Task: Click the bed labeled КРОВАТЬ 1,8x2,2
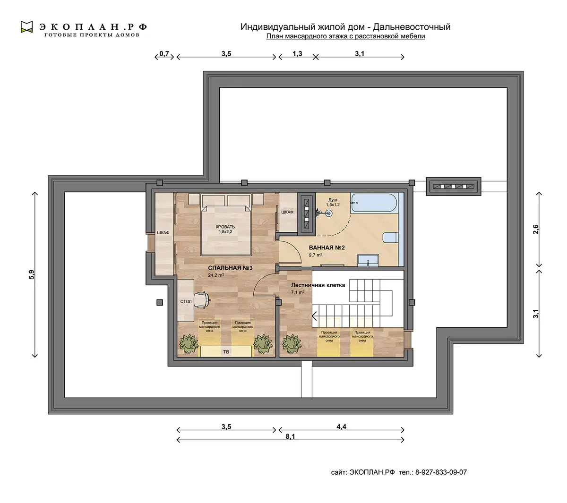click(x=225, y=230)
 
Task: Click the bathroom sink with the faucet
click(x=368, y=260)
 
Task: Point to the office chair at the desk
click(x=202, y=300)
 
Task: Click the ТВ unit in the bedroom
click(x=226, y=351)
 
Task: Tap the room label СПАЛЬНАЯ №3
click(x=230, y=268)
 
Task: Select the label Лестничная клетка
click(x=318, y=285)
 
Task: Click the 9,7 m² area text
click(x=316, y=255)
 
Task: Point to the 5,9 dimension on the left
click(x=32, y=274)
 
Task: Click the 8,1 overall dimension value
click(x=290, y=436)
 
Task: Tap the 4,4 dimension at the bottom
click(x=341, y=426)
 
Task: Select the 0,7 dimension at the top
click(x=164, y=53)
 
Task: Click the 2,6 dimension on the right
click(x=536, y=230)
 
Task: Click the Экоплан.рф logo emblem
click(x=27, y=27)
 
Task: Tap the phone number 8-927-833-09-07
click(x=441, y=472)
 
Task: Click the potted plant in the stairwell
click(x=292, y=344)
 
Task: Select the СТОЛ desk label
click(x=186, y=302)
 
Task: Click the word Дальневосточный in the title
click(x=412, y=27)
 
